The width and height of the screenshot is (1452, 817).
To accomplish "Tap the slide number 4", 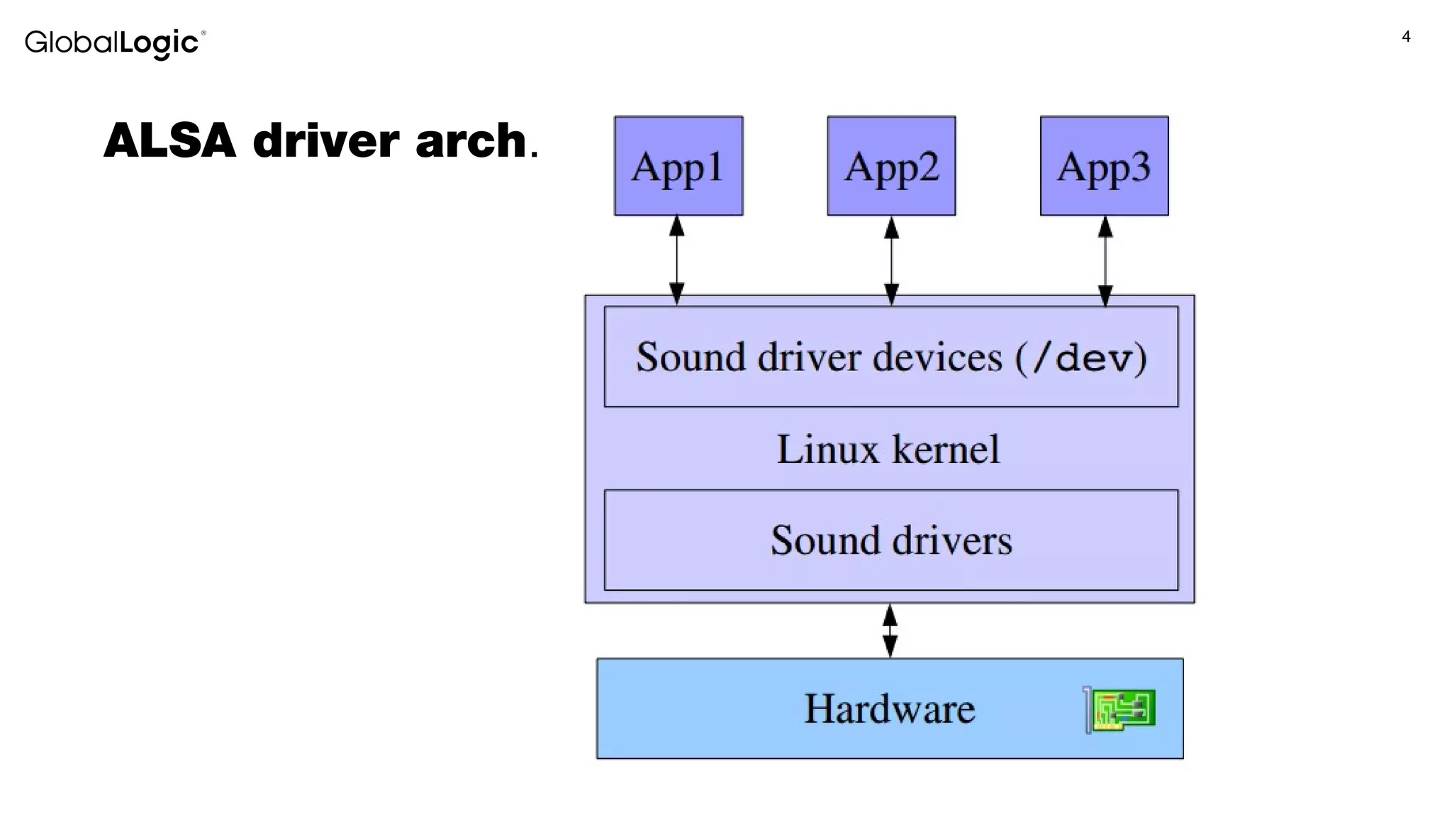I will [x=1406, y=37].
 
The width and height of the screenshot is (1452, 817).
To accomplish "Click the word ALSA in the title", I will [x=169, y=140].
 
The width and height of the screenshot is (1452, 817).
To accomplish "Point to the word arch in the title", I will [x=471, y=140].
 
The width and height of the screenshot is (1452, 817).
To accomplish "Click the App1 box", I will [x=678, y=166].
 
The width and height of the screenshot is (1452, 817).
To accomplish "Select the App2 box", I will [x=891, y=166].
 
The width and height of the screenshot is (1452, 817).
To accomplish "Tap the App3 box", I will [x=1104, y=166].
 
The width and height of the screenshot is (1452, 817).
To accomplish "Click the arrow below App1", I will [x=677, y=260].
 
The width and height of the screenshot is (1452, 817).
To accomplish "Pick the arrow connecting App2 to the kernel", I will [x=892, y=260].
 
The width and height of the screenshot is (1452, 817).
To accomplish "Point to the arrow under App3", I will [x=1105, y=260].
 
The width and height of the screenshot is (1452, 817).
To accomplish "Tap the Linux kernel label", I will [x=888, y=449].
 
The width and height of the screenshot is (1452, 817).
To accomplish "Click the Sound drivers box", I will [x=891, y=540].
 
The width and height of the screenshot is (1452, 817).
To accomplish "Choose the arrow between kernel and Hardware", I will [x=890, y=630].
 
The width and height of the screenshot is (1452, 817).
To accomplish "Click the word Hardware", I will [x=889, y=708].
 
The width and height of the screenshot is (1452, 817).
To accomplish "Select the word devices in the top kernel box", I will [x=937, y=357].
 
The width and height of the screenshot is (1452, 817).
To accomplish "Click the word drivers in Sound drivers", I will [x=951, y=540].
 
